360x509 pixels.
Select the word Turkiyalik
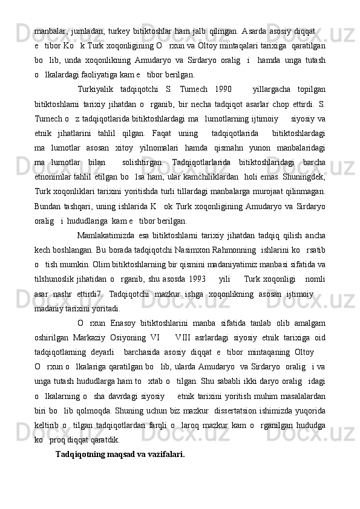(99, 90)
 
